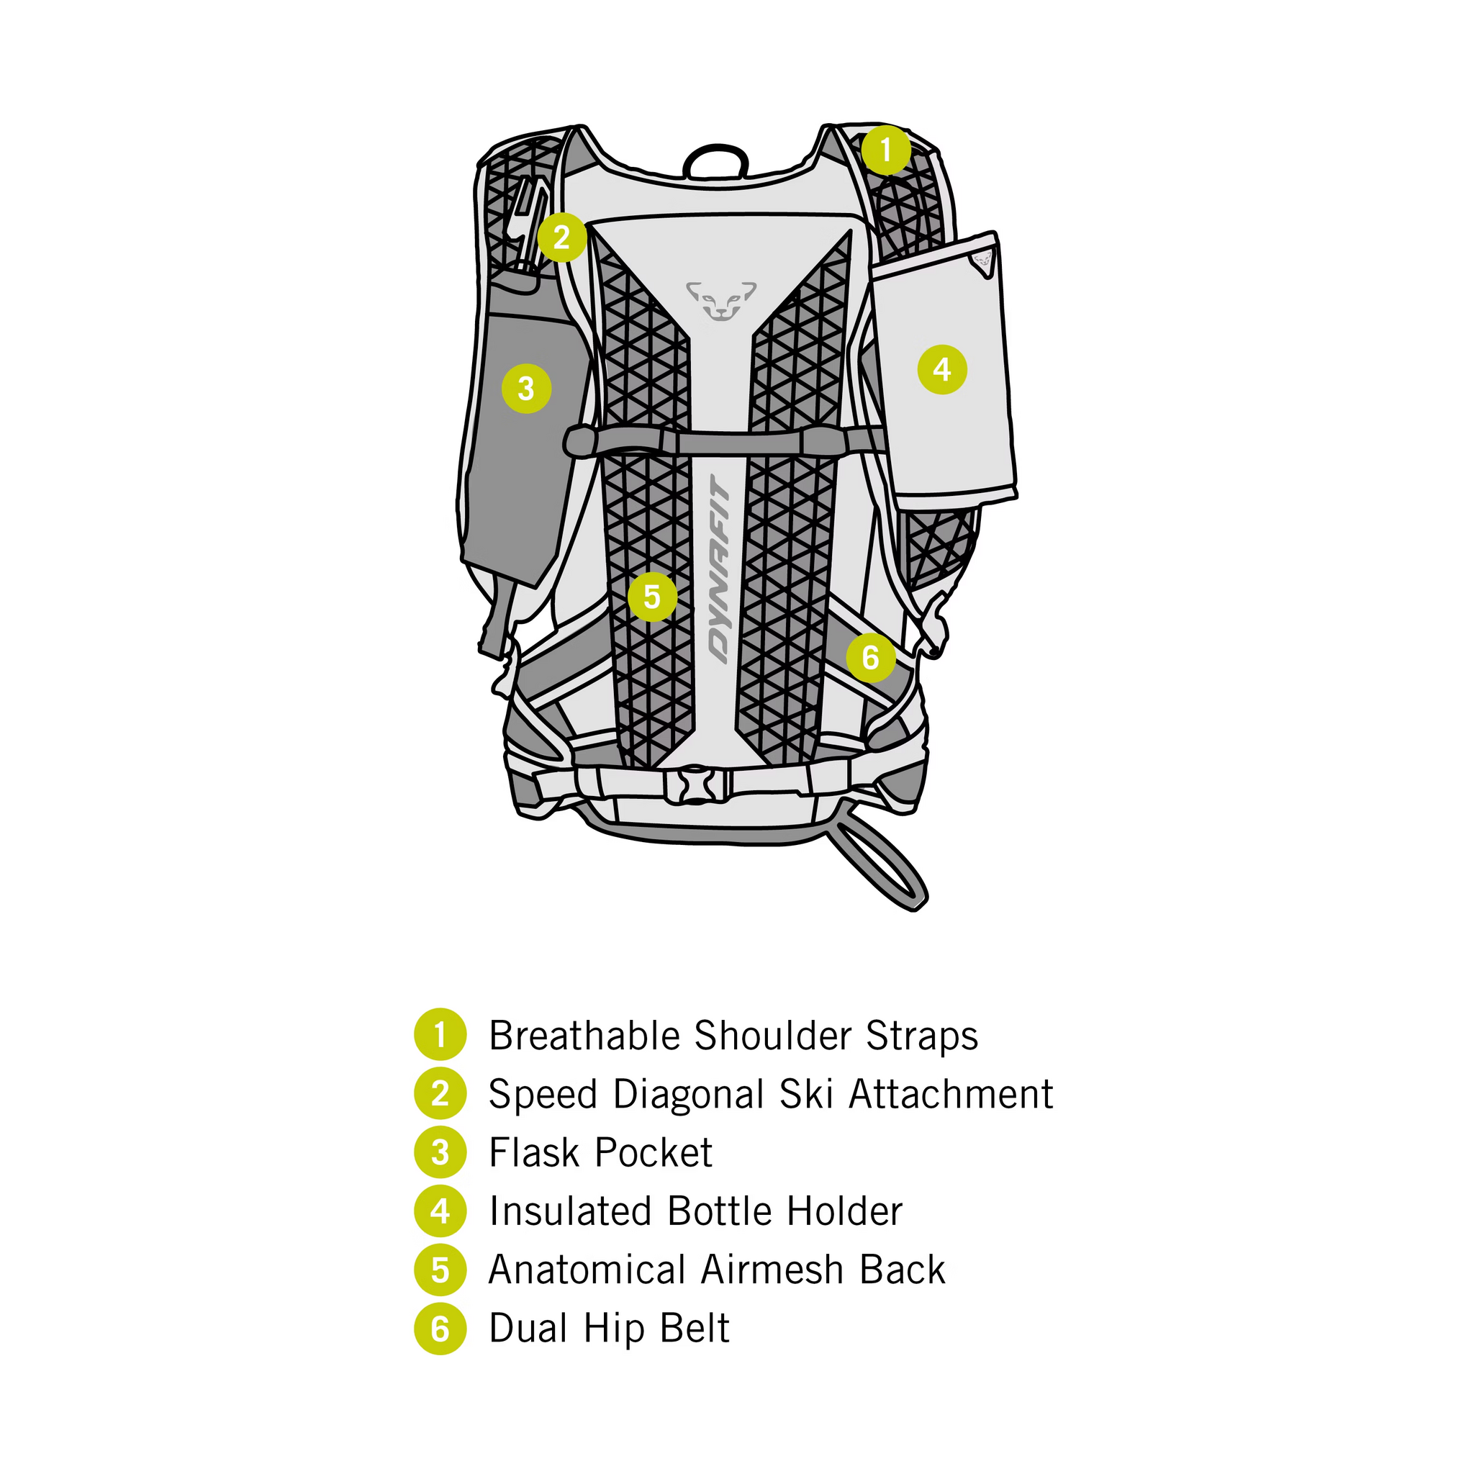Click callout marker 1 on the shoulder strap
886,150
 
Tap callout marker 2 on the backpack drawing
561,238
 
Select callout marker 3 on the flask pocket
526,389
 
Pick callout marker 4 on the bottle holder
942,369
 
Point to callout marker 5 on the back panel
652,597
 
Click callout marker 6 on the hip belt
871,658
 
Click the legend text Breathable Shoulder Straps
733,1035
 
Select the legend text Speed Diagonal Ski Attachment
771,1094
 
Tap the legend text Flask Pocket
600,1153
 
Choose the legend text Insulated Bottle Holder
696,1211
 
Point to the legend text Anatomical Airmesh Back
717,1270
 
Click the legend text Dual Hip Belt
610,1329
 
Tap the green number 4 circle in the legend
440,1211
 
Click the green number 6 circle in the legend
440,1329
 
